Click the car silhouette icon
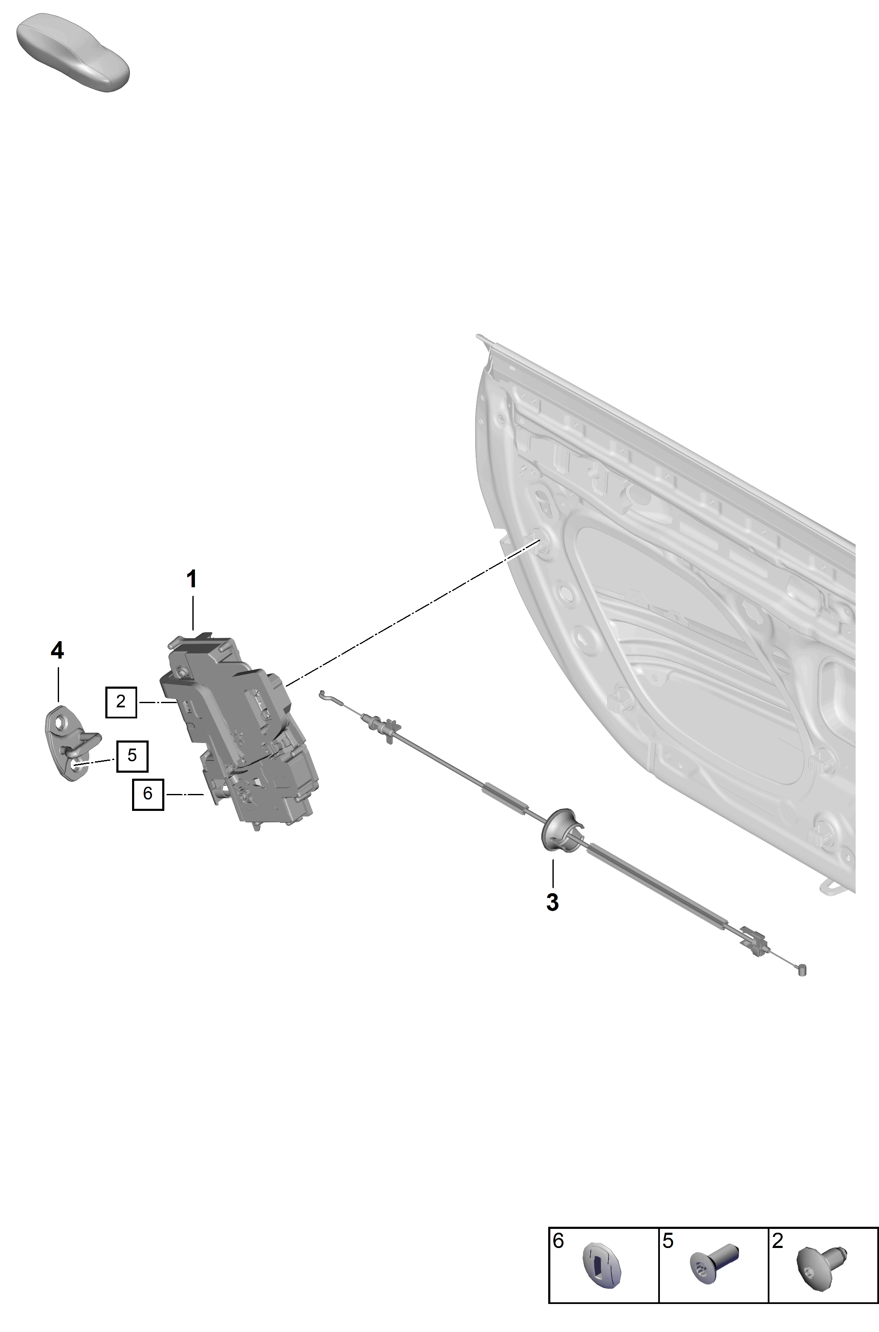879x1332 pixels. (73, 52)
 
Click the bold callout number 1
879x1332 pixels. (192, 579)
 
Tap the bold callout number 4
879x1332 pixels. (57, 651)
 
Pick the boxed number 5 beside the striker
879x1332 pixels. (132, 756)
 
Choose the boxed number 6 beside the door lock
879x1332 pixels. (148, 793)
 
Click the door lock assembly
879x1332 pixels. (240, 731)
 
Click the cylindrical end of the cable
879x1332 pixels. (802, 970)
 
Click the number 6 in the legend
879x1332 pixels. (558, 1241)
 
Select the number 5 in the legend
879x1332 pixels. (668, 1241)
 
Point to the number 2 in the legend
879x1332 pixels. (778, 1241)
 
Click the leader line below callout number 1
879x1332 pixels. (192, 613)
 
